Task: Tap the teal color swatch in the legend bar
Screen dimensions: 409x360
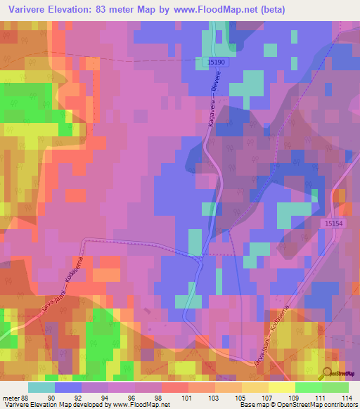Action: (x=41, y=387)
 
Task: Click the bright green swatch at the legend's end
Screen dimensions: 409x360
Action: (x=335, y=387)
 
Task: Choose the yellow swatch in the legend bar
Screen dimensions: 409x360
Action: (x=282, y=387)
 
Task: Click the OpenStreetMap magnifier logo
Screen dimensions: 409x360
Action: (x=328, y=374)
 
